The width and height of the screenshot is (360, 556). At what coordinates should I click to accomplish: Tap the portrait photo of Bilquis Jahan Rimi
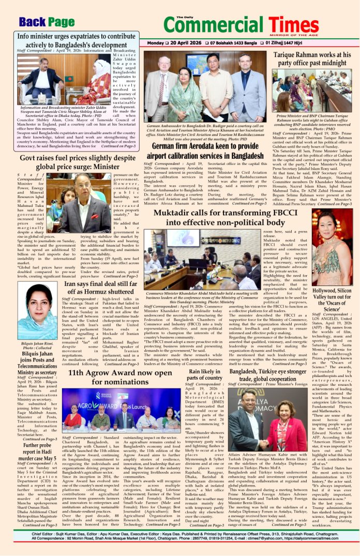point(37,310)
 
